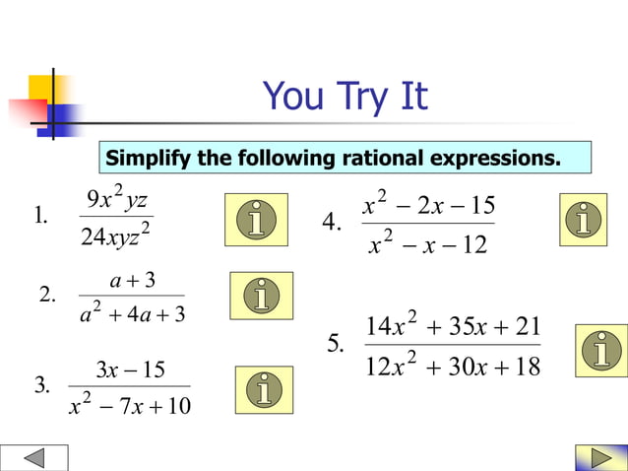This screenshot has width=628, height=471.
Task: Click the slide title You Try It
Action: point(345,98)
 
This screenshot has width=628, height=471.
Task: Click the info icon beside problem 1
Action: point(256,219)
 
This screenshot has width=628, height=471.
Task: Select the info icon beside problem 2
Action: point(261,296)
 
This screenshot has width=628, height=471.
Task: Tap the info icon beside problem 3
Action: point(264,390)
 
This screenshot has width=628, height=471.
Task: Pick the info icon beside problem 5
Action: point(603,350)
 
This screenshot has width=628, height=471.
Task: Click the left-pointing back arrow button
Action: point(34,458)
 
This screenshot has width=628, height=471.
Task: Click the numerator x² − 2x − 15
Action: point(427,205)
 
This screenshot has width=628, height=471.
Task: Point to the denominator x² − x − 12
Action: point(428,243)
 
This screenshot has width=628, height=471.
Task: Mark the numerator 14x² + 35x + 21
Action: point(452,325)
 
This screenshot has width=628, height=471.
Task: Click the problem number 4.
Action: point(333,223)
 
